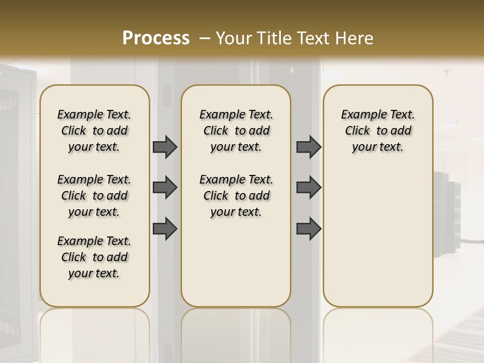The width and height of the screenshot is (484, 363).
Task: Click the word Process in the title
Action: pos(156,38)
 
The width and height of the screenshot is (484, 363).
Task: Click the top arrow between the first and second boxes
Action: pos(165,147)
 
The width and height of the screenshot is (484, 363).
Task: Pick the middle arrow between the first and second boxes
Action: pos(165,188)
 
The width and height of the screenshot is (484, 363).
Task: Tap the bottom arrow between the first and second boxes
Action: pos(165,228)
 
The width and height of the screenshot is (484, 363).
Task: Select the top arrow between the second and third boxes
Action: pos(309,147)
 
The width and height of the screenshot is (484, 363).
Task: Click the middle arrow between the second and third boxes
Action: pos(309,188)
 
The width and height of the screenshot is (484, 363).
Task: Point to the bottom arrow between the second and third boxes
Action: pos(309,228)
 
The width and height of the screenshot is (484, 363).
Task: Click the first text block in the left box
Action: pos(94,131)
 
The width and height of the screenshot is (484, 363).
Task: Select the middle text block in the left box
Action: pos(94,196)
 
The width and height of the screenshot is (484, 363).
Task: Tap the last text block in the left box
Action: pos(94,257)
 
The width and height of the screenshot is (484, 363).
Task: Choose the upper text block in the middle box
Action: pos(236,131)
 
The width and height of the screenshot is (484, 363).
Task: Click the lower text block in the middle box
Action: pos(236,196)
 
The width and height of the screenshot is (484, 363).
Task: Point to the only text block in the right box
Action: pos(378,131)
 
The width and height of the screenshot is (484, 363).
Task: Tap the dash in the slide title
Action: pos(205,38)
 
